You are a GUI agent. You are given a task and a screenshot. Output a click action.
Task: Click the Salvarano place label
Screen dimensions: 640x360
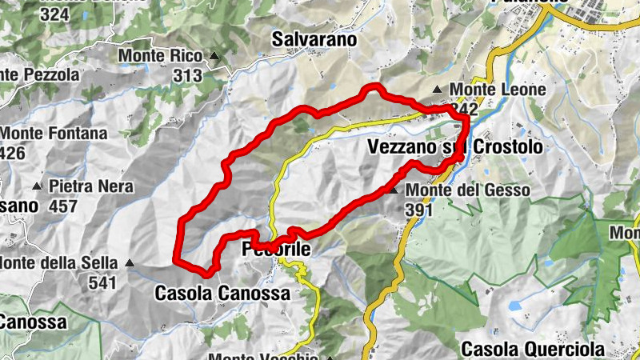(x=314, y=38)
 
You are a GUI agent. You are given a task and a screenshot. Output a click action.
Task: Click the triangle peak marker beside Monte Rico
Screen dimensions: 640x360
(x=214, y=56)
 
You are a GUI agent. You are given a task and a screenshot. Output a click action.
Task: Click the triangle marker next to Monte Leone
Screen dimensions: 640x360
(x=438, y=90)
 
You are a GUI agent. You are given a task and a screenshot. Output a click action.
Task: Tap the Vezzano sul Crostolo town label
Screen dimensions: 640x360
(x=454, y=147)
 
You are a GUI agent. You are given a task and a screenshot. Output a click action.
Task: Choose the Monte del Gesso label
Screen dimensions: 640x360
(x=468, y=190)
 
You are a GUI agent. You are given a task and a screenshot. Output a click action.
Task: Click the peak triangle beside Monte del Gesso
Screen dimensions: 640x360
(x=393, y=190)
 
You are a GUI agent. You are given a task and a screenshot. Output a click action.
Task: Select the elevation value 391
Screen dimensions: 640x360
(x=418, y=210)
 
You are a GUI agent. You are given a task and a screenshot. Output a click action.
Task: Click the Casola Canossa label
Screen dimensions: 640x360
(x=222, y=294)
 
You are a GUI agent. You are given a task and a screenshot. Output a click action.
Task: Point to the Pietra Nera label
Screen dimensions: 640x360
(x=87, y=186)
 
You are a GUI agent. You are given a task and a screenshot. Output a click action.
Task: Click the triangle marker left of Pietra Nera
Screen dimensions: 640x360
(x=37, y=186)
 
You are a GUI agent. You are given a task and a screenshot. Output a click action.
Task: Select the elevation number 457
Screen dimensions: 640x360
(x=62, y=206)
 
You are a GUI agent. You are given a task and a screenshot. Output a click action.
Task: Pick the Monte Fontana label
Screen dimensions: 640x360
(x=54, y=134)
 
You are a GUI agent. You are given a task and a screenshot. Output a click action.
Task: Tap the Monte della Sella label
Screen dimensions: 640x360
(x=59, y=262)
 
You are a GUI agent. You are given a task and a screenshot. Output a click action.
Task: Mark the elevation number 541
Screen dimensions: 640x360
(x=102, y=282)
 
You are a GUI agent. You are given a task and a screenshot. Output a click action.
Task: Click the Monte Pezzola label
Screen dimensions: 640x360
(x=40, y=74)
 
